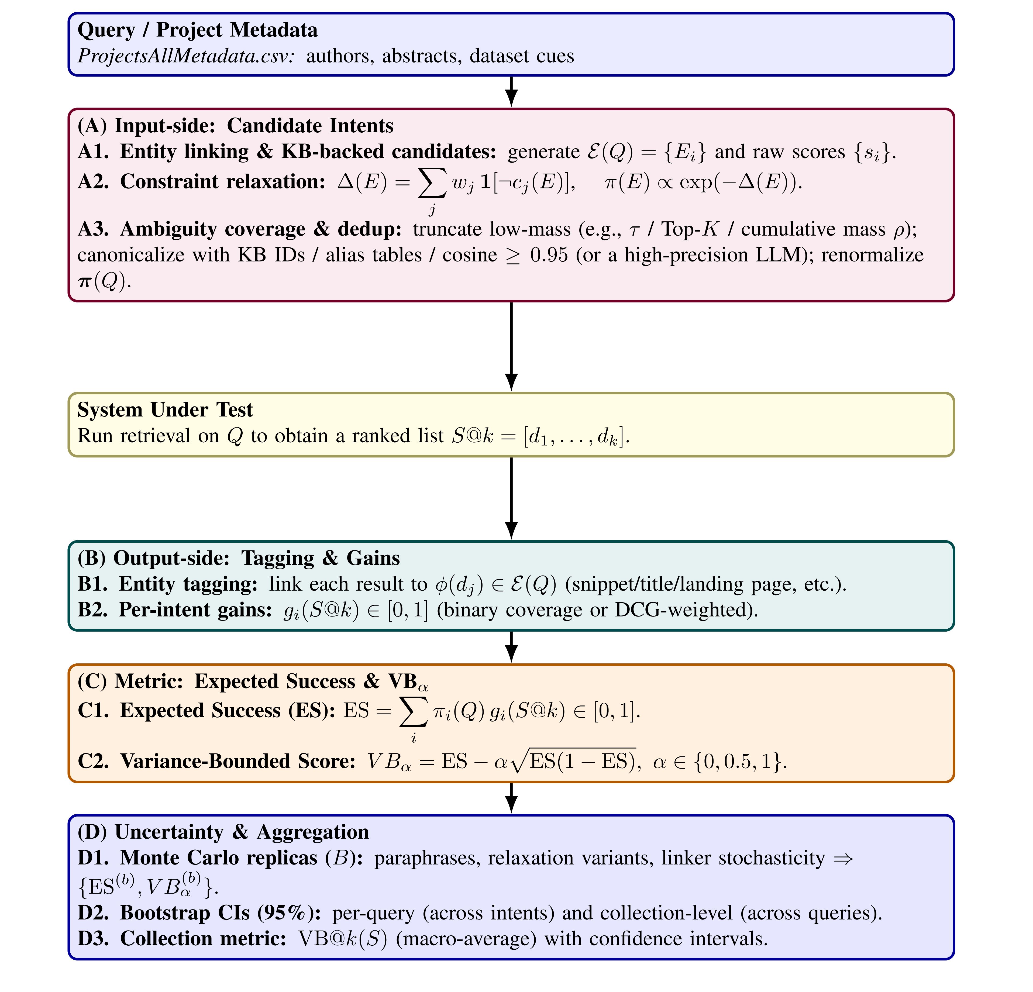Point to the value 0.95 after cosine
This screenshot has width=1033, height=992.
549,255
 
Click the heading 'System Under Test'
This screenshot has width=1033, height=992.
165,409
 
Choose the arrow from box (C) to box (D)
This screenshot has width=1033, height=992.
511,797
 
